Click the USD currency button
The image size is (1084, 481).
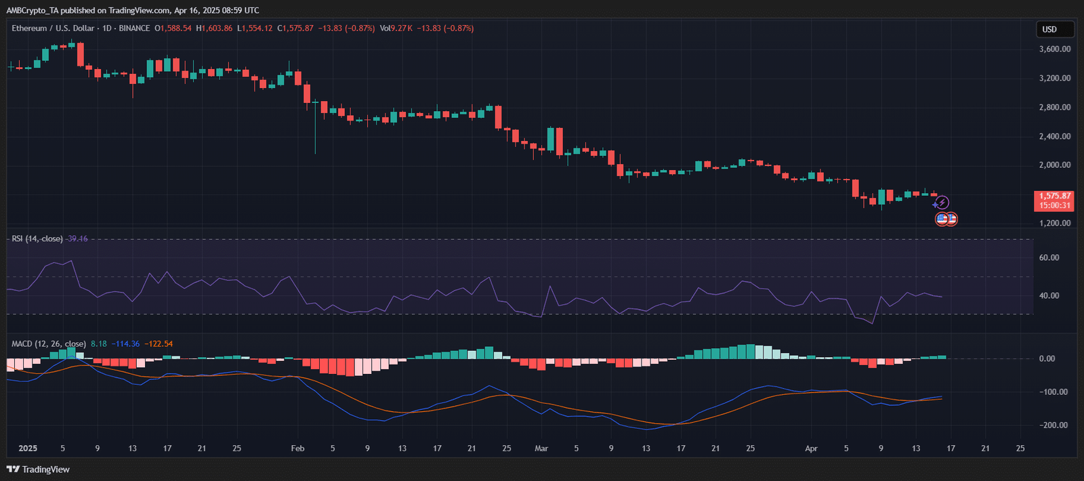1055,29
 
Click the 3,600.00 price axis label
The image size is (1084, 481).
1055,49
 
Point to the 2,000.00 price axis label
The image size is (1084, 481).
1055,165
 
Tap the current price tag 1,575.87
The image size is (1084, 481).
1055,196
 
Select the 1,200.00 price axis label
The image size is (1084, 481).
1055,223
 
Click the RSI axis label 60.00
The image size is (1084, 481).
1049,258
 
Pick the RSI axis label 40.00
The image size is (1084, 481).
1049,296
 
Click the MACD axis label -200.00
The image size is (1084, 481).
1053,425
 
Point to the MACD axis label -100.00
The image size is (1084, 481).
1053,392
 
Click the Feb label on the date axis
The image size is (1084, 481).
297,448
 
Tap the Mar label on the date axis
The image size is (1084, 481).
541,448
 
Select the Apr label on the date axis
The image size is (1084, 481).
811,448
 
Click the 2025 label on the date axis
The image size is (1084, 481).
28,448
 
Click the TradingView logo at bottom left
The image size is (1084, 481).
39,469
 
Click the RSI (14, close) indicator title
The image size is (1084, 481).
37,239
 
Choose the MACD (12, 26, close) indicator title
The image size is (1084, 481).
49,344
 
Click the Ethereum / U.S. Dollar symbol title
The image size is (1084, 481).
53,28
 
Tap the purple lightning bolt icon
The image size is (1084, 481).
942,203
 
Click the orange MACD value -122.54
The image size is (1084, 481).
159,344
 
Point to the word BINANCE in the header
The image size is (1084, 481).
134,28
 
